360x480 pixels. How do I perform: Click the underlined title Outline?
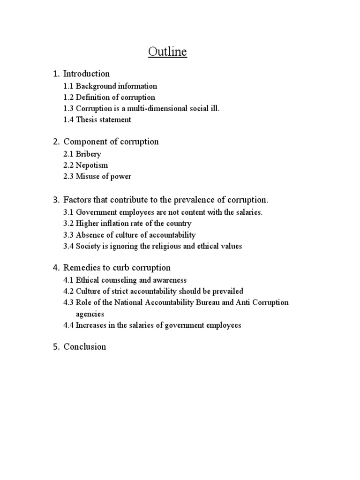[x=167, y=52]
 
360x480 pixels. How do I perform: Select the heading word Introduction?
[x=86, y=74]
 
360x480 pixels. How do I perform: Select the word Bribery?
[x=88, y=154]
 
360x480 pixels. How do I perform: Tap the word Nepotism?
[x=92, y=165]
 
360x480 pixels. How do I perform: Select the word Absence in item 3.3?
[x=90, y=235]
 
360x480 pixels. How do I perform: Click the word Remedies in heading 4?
[x=81, y=268]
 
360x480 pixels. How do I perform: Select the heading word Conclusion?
[x=84, y=347]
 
